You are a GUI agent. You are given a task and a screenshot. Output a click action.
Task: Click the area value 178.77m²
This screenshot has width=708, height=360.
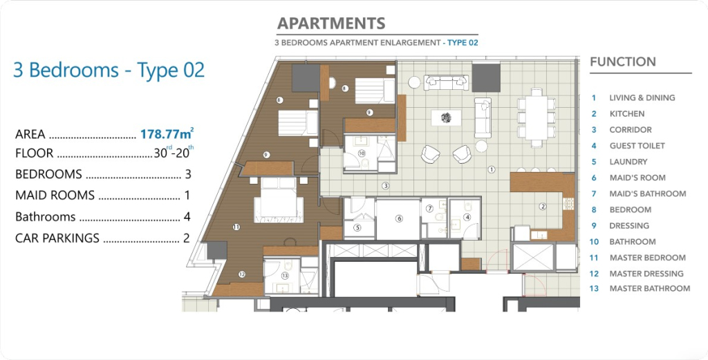(167, 133)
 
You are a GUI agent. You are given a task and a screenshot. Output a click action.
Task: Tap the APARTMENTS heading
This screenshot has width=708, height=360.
(331, 23)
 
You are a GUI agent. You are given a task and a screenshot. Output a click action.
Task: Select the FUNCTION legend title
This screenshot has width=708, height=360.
(623, 61)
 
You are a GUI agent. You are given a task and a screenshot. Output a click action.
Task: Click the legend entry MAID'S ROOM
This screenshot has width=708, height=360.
(637, 178)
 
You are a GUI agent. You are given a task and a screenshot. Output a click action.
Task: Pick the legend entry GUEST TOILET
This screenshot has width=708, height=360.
(637, 146)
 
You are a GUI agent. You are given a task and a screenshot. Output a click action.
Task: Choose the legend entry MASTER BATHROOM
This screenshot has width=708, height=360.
(650, 288)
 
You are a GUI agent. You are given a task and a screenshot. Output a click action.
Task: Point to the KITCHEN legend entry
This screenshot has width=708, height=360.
(626, 114)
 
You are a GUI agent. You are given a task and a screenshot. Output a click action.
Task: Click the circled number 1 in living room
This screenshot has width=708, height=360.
(492, 169)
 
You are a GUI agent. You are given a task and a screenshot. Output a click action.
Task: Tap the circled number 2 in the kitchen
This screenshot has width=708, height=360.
(543, 207)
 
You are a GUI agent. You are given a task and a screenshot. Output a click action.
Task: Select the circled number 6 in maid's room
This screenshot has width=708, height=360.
(399, 219)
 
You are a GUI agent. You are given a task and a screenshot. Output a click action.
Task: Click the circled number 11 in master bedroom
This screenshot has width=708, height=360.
(236, 227)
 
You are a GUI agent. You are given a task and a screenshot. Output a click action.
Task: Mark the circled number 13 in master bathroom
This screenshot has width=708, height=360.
(285, 276)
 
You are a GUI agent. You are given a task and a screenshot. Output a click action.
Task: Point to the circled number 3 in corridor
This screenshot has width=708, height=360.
(385, 185)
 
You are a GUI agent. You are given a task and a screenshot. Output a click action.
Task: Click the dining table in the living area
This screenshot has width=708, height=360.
(536, 117)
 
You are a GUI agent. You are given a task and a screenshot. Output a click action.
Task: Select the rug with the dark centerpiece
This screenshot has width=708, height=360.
(446, 117)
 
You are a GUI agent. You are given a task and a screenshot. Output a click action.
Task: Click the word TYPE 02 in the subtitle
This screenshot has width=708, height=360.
(463, 43)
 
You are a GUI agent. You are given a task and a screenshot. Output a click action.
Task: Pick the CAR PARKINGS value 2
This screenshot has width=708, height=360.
(187, 238)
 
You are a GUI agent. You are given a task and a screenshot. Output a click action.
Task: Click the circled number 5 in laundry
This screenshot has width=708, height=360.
(357, 228)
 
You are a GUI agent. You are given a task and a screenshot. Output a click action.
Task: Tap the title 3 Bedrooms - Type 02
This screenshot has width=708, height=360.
(109, 70)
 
